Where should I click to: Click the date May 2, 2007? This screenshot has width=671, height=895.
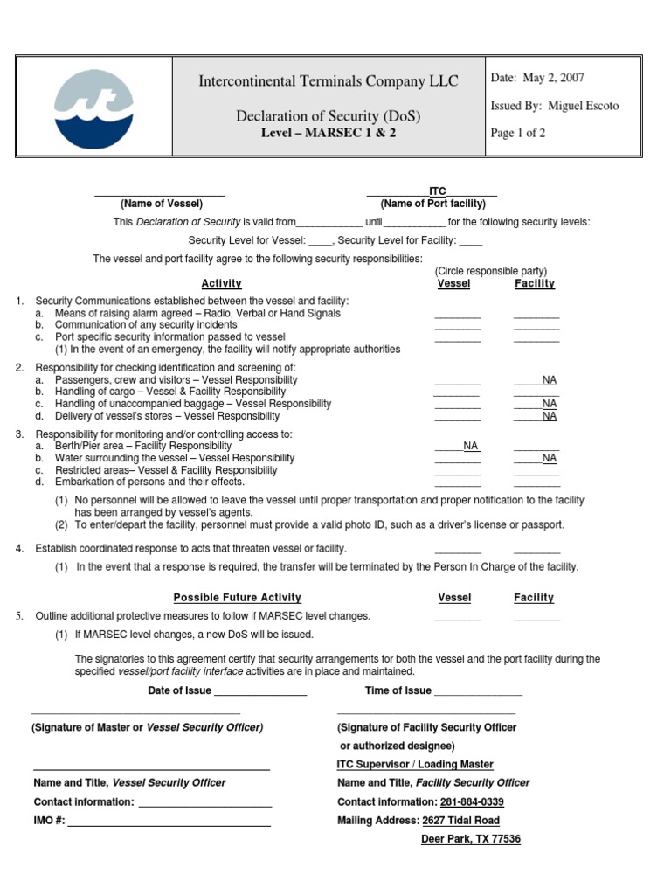[x=539, y=78]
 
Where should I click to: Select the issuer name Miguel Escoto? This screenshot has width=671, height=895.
[x=584, y=106]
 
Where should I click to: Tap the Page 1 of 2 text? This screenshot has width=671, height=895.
[x=519, y=133]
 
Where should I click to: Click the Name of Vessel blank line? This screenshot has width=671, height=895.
[x=160, y=192]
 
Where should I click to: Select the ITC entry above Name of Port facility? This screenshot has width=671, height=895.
[x=437, y=191]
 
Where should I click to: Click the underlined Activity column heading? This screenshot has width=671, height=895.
[x=222, y=284]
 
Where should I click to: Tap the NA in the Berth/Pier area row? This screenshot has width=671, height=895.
[x=471, y=446]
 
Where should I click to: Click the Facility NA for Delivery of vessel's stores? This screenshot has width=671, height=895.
[x=549, y=416]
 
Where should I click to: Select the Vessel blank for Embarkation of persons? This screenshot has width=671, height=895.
[x=458, y=482]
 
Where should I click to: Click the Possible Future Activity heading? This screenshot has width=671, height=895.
[x=237, y=598]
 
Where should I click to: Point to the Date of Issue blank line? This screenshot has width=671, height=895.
[x=260, y=692]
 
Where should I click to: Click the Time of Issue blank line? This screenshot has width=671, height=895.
[x=478, y=692]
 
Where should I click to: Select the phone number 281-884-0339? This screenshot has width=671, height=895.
[x=472, y=801]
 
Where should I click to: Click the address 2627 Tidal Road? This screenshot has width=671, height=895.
[x=460, y=821]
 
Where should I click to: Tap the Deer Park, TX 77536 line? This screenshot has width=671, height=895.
[x=471, y=839]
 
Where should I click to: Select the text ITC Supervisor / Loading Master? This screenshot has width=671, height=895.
[x=415, y=764]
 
